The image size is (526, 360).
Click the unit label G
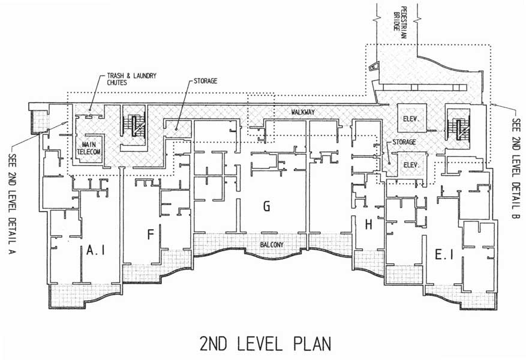267,206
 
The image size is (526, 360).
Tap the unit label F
151,235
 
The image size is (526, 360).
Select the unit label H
368,224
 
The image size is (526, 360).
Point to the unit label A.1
95,250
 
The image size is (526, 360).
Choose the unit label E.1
444,256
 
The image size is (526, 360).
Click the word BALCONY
272,245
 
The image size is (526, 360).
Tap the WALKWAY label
302,112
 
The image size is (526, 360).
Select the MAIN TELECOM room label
89,148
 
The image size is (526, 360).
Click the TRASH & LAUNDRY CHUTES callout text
131,79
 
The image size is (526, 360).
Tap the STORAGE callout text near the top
205,81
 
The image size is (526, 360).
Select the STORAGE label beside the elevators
404,142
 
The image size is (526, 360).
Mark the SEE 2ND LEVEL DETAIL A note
13,203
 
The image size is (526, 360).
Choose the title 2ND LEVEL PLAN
265,344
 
